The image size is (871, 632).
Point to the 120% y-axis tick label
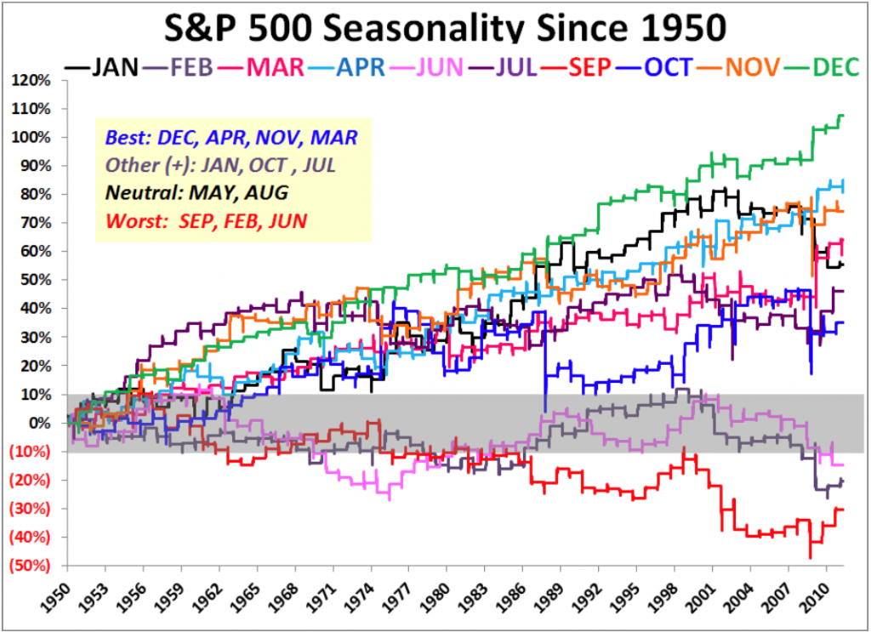tap(31, 80)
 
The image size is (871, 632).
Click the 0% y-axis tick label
tap(40, 423)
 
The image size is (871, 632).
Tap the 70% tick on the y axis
tap(36, 223)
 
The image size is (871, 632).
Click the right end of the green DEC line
tap(842, 116)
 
